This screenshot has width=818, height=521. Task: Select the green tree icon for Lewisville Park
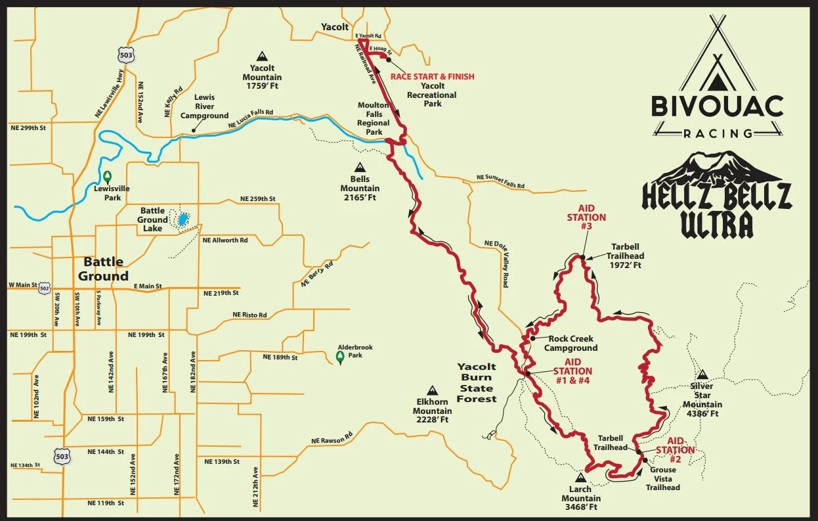click(107, 176)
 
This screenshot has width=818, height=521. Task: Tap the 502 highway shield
click(43, 287)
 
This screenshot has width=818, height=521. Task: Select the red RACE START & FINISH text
click(432, 76)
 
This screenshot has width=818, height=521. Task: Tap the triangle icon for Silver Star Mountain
click(702, 373)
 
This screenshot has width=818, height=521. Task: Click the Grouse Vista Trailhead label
click(662, 479)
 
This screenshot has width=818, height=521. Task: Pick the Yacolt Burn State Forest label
click(477, 382)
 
